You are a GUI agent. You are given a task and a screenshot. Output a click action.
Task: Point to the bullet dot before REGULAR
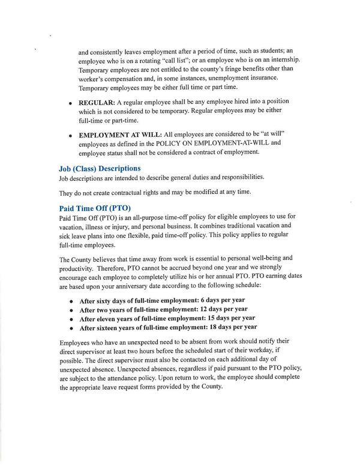click(71, 103)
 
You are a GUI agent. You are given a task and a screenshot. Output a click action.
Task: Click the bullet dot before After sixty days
click(71, 300)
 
